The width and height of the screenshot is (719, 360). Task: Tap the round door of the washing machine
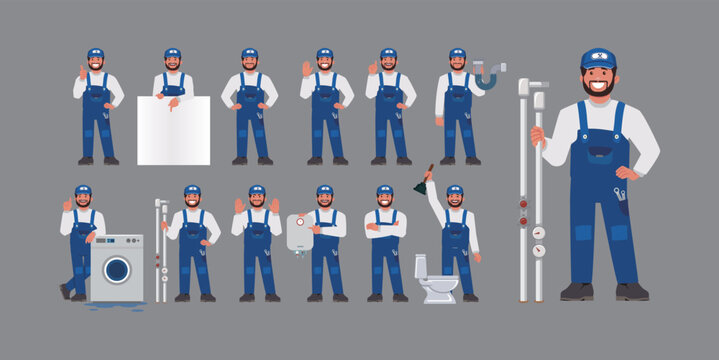pos(117,270)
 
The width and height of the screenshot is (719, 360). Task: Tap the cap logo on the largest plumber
pos(599,59)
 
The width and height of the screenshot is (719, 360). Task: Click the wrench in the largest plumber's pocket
pos(621,199)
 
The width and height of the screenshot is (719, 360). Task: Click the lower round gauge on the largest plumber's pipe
pos(539,251)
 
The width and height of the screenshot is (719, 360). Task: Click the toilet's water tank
pos(421,266)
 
